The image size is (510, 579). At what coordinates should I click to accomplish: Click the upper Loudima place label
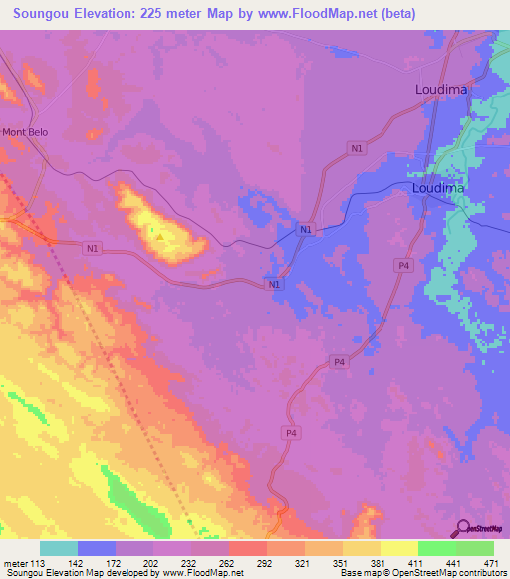pyautogui.click(x=439, y=89)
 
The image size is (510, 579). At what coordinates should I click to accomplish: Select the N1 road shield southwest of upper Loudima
pyautogui.click(x=356, y=148)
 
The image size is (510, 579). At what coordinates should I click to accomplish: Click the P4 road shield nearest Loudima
pyautogui.click(x=403, y=265)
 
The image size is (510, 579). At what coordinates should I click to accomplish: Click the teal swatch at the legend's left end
pyautogui.click(x=59, y=548)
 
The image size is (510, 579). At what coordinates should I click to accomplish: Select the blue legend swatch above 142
pyautogui.click(x=96, y=548)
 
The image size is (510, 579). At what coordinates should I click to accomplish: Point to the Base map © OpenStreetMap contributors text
pyautogui.click(x=422, y=573)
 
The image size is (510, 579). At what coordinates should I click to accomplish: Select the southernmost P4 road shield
pyautogui.click(x=291, y=433)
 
